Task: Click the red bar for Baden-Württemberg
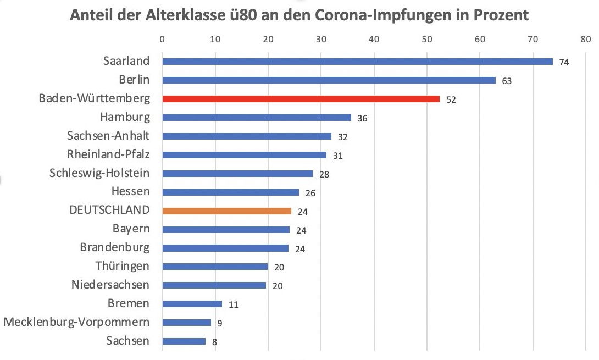click(301, 99)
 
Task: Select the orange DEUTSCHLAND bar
click(226, 211)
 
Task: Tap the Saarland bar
click(357, 62)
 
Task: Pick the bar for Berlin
click(329, 80)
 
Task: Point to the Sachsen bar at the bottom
click(184, 341)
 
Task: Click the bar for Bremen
click(192, 303)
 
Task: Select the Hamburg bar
click(257, 118)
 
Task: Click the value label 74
click(563, 62)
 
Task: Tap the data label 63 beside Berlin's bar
click(507, 81)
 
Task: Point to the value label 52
click(451, 99)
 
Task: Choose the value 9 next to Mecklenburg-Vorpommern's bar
click(219, 323)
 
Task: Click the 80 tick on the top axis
click(585, 40)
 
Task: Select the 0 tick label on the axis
click(162, 40)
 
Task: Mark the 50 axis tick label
click(426, 40)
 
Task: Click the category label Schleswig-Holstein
click(99, 173)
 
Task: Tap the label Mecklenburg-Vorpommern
click(76, 322)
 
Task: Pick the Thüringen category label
click(122, 266)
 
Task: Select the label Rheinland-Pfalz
click(108, 154)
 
